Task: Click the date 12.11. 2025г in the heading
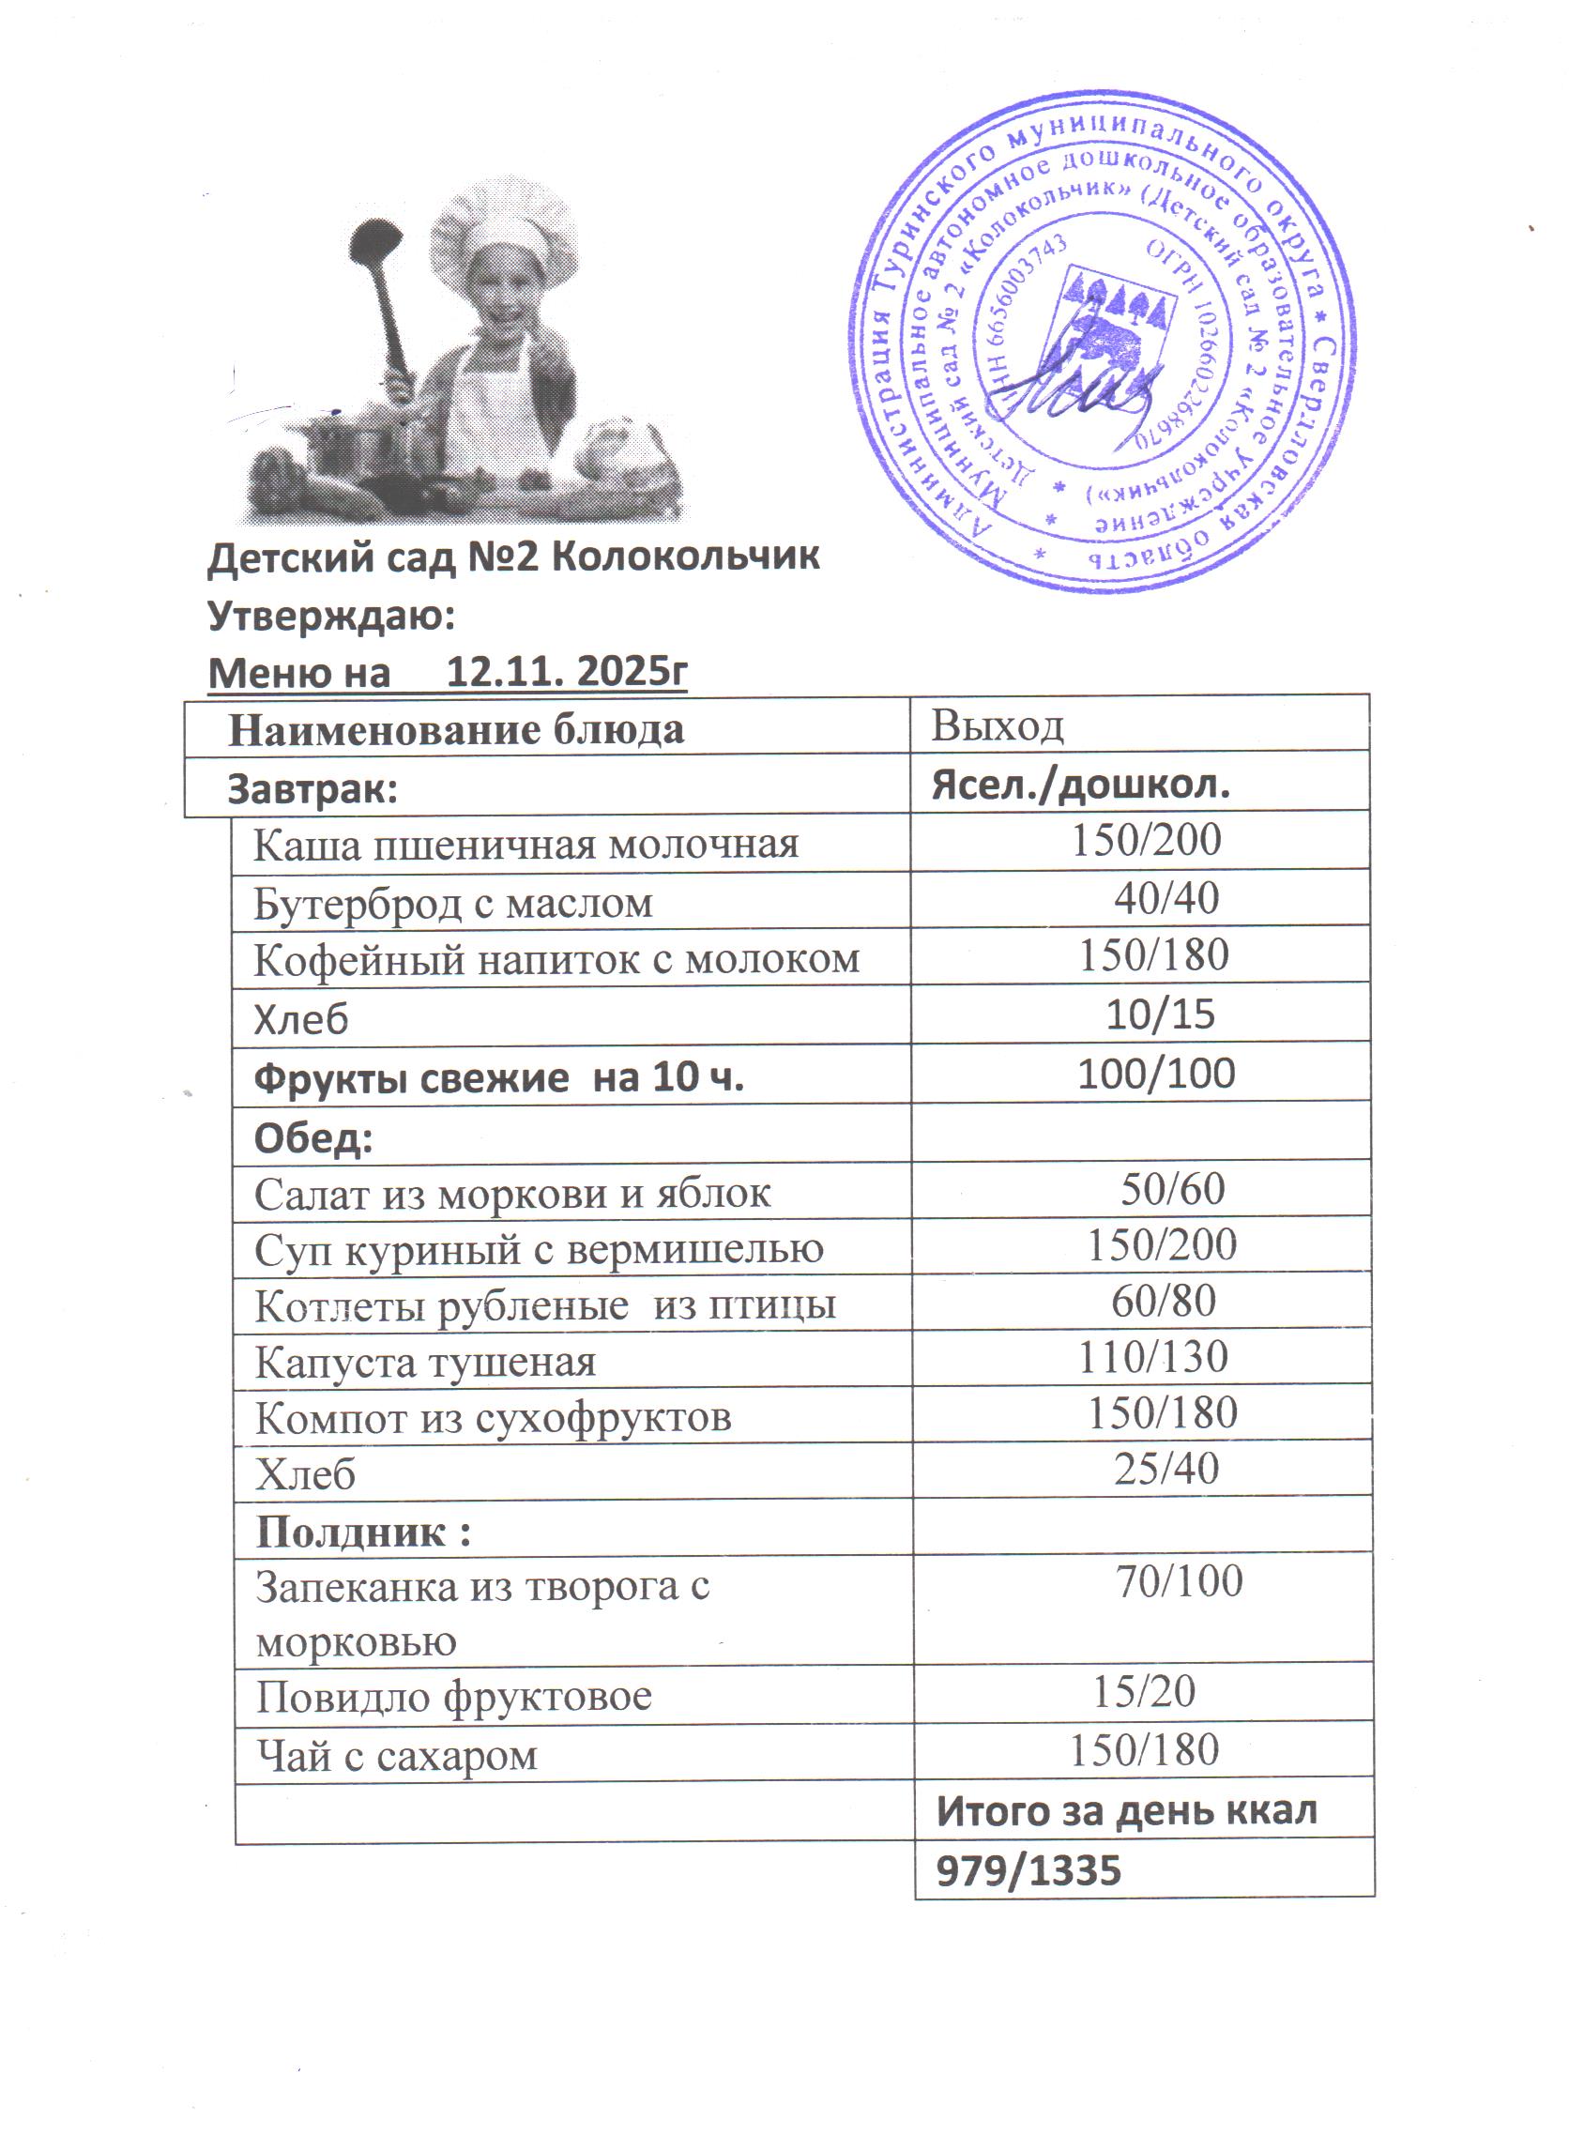coord(566,672)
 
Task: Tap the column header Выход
coord(998,726)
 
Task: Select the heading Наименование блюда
coord(456,729)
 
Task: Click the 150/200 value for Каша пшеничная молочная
coord(1147,841)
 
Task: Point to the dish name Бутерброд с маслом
coord(453,902)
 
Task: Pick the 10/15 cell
coord(1160,1014)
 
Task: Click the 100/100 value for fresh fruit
coord(1156,1073)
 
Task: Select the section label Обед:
coord(313,1136)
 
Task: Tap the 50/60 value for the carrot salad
coord(1172,1189)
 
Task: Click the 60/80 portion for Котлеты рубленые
coord(1164,1301)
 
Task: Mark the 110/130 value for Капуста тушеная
coord(1153,1357)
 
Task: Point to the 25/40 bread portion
coord(1166,1468)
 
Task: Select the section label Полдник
coord(364,1531)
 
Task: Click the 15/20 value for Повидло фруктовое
coord(1144,1691)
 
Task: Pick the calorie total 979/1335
coord(1028,1870)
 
